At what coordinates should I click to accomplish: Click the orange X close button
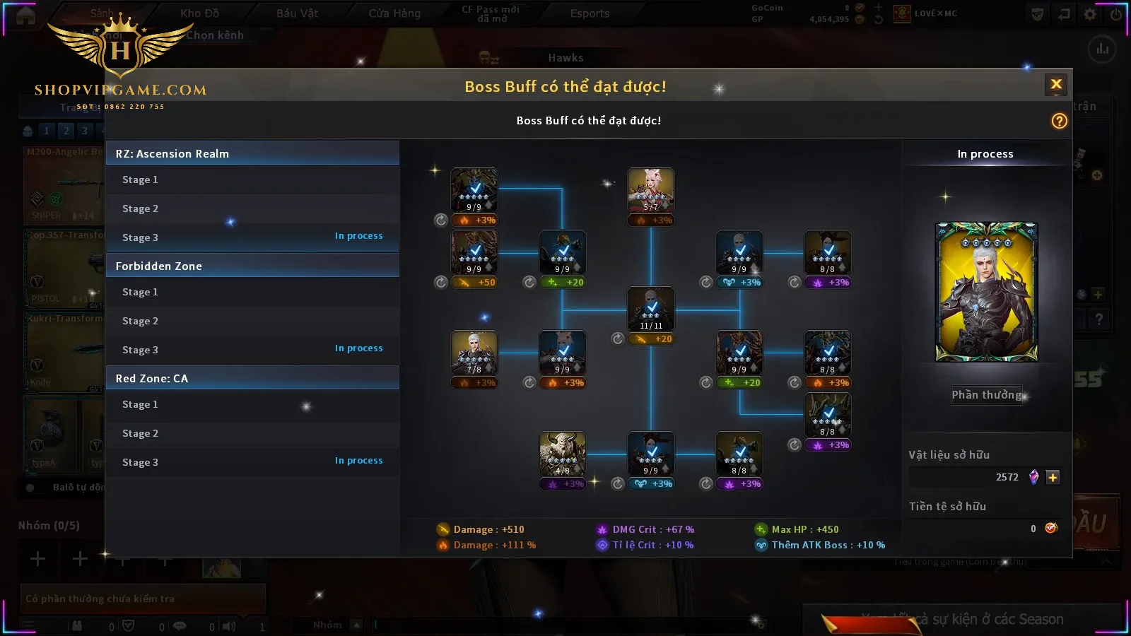point(1056,85)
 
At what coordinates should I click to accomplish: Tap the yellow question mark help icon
point(1059,121)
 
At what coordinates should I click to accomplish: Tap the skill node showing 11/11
point(651,309)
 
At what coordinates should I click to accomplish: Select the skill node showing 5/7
point(651,190)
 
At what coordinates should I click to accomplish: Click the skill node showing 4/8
point(563,454)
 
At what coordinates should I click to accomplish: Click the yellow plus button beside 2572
point(1053,477)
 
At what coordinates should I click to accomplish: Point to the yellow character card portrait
point(987,292)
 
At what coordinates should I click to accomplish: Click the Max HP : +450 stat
point(804,529)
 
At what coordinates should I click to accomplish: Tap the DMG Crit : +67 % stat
point(652,529)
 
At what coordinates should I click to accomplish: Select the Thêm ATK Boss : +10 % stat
point(827,545)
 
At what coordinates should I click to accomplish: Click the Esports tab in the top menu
point(590,13)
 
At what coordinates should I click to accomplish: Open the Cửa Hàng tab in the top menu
point(394,13)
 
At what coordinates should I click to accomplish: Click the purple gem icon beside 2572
point(1033,477)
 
